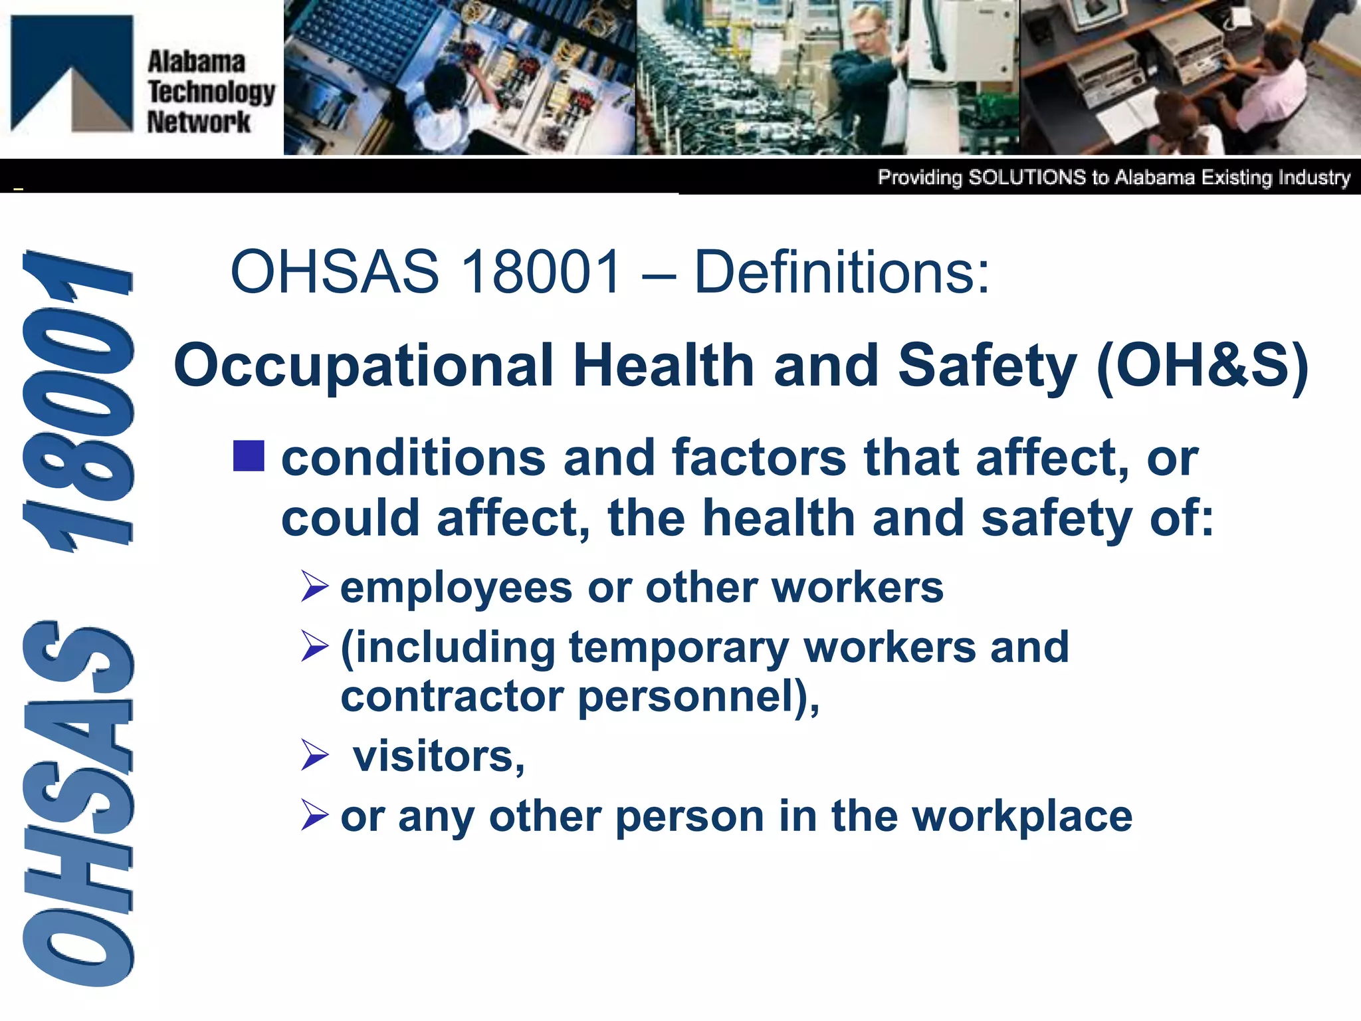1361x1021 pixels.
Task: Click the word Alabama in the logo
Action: [196, 62]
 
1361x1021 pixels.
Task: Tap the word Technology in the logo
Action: [211, 92]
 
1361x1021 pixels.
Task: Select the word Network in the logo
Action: [199, 122]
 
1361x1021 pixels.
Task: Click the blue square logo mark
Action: [72, 73]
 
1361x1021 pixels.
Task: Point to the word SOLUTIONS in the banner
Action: [1027, 177]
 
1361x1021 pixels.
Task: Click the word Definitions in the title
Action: [841, 272]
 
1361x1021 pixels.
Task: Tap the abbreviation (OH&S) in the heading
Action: [1203, 366]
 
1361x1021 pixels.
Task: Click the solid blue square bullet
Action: [249, 456]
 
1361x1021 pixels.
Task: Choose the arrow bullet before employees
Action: [314, 586]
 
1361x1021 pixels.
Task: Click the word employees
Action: [456, 588]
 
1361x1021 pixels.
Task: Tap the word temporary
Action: [679, 647]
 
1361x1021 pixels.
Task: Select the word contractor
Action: [452, 697]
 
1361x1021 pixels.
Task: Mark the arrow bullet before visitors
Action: [314, 755]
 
